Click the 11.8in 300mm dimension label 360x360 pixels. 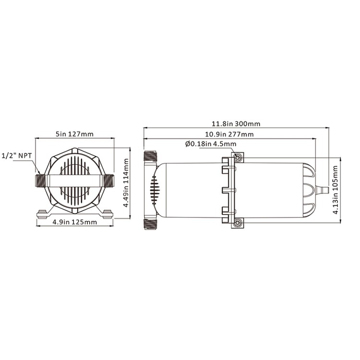click(x=236, y=124)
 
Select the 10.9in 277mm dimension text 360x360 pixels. click(x=229, y=134)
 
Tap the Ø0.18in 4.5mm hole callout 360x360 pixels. click(x=211, y=144)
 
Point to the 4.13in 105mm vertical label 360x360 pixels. click(x=335, y=190)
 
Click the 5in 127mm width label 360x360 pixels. click(x=74, y=134)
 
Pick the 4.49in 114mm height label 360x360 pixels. click(x=126, y=183)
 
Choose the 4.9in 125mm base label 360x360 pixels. click(x=74, y=222)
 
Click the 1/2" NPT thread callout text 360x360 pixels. click(x=16, y=156)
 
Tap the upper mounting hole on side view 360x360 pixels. click(x=238, y=157)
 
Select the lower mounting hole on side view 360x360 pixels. click(x=238, y=222)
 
